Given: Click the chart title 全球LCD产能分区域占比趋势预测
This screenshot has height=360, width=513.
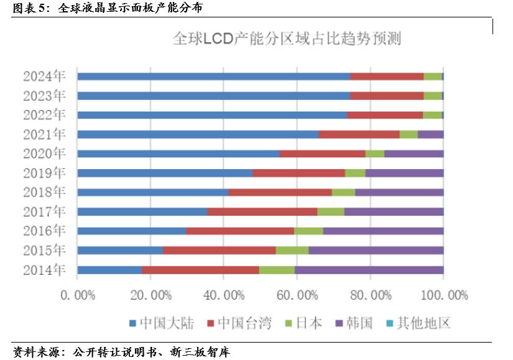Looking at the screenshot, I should [286, 39].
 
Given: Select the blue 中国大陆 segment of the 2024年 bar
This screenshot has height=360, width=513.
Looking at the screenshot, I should [213, 76].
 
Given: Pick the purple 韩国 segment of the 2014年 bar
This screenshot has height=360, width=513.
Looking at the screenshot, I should [369, 270].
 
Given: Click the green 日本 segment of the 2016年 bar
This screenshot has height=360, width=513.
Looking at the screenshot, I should [308, 231].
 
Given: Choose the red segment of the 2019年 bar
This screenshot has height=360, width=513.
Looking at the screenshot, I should [298, 173].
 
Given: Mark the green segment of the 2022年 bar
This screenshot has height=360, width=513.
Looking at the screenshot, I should [432, 115].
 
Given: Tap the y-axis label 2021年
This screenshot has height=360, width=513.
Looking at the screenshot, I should [44, 134].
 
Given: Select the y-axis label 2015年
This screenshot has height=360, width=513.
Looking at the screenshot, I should [44, 251].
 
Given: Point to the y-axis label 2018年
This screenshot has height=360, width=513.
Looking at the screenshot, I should [44, 192].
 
